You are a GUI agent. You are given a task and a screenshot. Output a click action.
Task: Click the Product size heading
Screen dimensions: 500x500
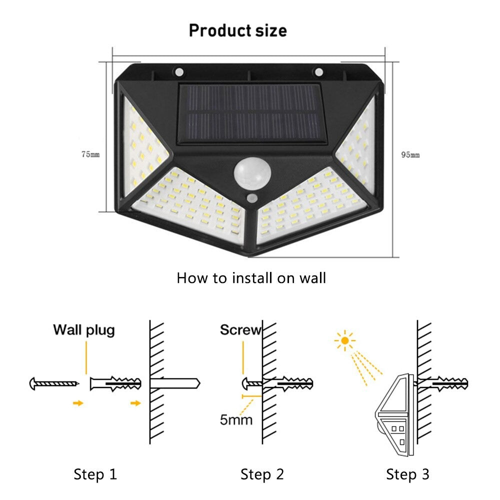(238, 30)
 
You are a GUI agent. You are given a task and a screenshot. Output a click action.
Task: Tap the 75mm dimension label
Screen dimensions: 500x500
(91, 154)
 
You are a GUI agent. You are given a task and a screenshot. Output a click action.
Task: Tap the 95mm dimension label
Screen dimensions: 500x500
(410, 155)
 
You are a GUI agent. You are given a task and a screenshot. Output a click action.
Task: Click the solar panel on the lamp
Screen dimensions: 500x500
(249, 112)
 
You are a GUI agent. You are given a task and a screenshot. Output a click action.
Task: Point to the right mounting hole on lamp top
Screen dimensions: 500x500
(318, 72)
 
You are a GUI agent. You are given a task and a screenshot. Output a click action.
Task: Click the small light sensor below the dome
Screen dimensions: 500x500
(251, 199)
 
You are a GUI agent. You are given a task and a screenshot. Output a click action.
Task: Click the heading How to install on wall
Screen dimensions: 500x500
(251, 277)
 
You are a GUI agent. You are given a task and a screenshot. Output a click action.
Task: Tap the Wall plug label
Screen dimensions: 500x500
(84, 330)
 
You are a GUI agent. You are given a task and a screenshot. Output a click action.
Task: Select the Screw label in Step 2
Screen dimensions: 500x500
(240, 330)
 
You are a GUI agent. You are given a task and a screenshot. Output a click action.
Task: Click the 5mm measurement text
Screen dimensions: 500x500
(236, 418)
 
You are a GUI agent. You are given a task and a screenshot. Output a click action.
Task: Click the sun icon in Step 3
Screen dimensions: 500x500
(344, 341)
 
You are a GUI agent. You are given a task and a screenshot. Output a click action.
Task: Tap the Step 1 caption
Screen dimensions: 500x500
(95, 474)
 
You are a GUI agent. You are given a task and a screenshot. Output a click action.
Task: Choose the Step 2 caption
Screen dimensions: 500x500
(262, 474)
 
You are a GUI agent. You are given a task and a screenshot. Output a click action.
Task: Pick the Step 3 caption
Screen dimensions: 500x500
(407, 474)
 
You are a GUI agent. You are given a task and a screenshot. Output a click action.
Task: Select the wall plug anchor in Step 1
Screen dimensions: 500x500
(115, 384)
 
